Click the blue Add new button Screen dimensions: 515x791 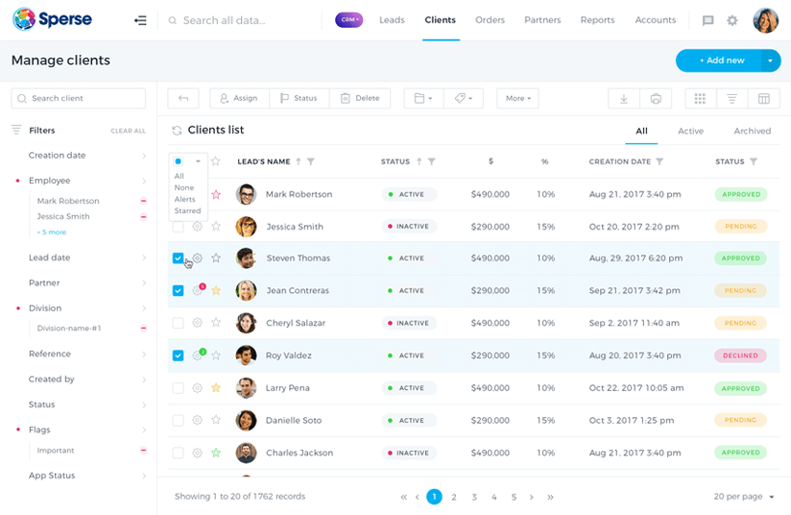coord(720,61)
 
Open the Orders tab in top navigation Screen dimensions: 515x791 coord(490,20)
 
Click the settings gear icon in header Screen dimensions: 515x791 coord(732,20)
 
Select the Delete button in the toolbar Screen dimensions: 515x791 coord(360,98)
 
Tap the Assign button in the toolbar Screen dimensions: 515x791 coord(238,98)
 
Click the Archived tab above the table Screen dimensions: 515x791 coord(752,131)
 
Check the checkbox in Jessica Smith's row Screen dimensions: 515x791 coord(178,227)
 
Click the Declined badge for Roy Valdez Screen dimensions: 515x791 coord(740,356)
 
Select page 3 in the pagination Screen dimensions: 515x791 coord(474,497)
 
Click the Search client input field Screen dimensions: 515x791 coord(79,98)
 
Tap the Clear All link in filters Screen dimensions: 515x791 coord(128,131)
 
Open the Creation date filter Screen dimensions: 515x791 coord(58,156)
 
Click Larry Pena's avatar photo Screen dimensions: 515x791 coord(247,388)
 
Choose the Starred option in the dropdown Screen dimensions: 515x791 coord(187,211)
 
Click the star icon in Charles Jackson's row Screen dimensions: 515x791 coord(216,453)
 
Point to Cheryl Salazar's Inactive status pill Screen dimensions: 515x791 coord(409,323)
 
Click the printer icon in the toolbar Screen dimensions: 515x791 coord(656,98)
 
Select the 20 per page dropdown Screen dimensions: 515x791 coord(744,497)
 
